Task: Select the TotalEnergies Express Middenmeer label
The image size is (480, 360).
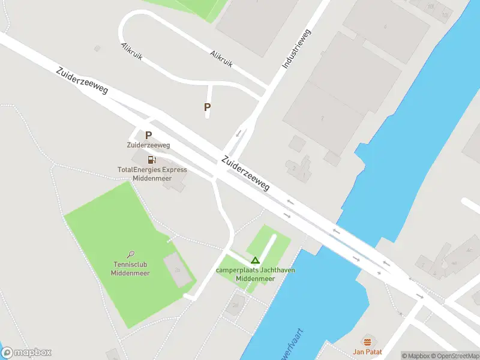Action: coord(152,174)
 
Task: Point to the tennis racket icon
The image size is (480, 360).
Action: coord(131,254)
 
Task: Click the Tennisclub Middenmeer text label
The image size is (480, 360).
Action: coord(130,269)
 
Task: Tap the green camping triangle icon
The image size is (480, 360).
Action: coord(255,260)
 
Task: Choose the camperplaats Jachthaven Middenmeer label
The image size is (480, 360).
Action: coord(255,274)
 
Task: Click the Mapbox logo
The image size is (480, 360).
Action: coord(26,353)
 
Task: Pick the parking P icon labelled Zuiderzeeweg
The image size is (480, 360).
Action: coord(148,136)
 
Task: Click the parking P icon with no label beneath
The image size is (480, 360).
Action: coord(208,107)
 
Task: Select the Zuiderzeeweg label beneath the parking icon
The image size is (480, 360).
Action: coord(148,145)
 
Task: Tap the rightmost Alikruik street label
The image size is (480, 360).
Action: coord(221,58)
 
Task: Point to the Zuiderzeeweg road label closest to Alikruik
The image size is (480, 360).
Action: coord(82,80)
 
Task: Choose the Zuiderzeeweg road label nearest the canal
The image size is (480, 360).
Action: coord(245,173)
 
